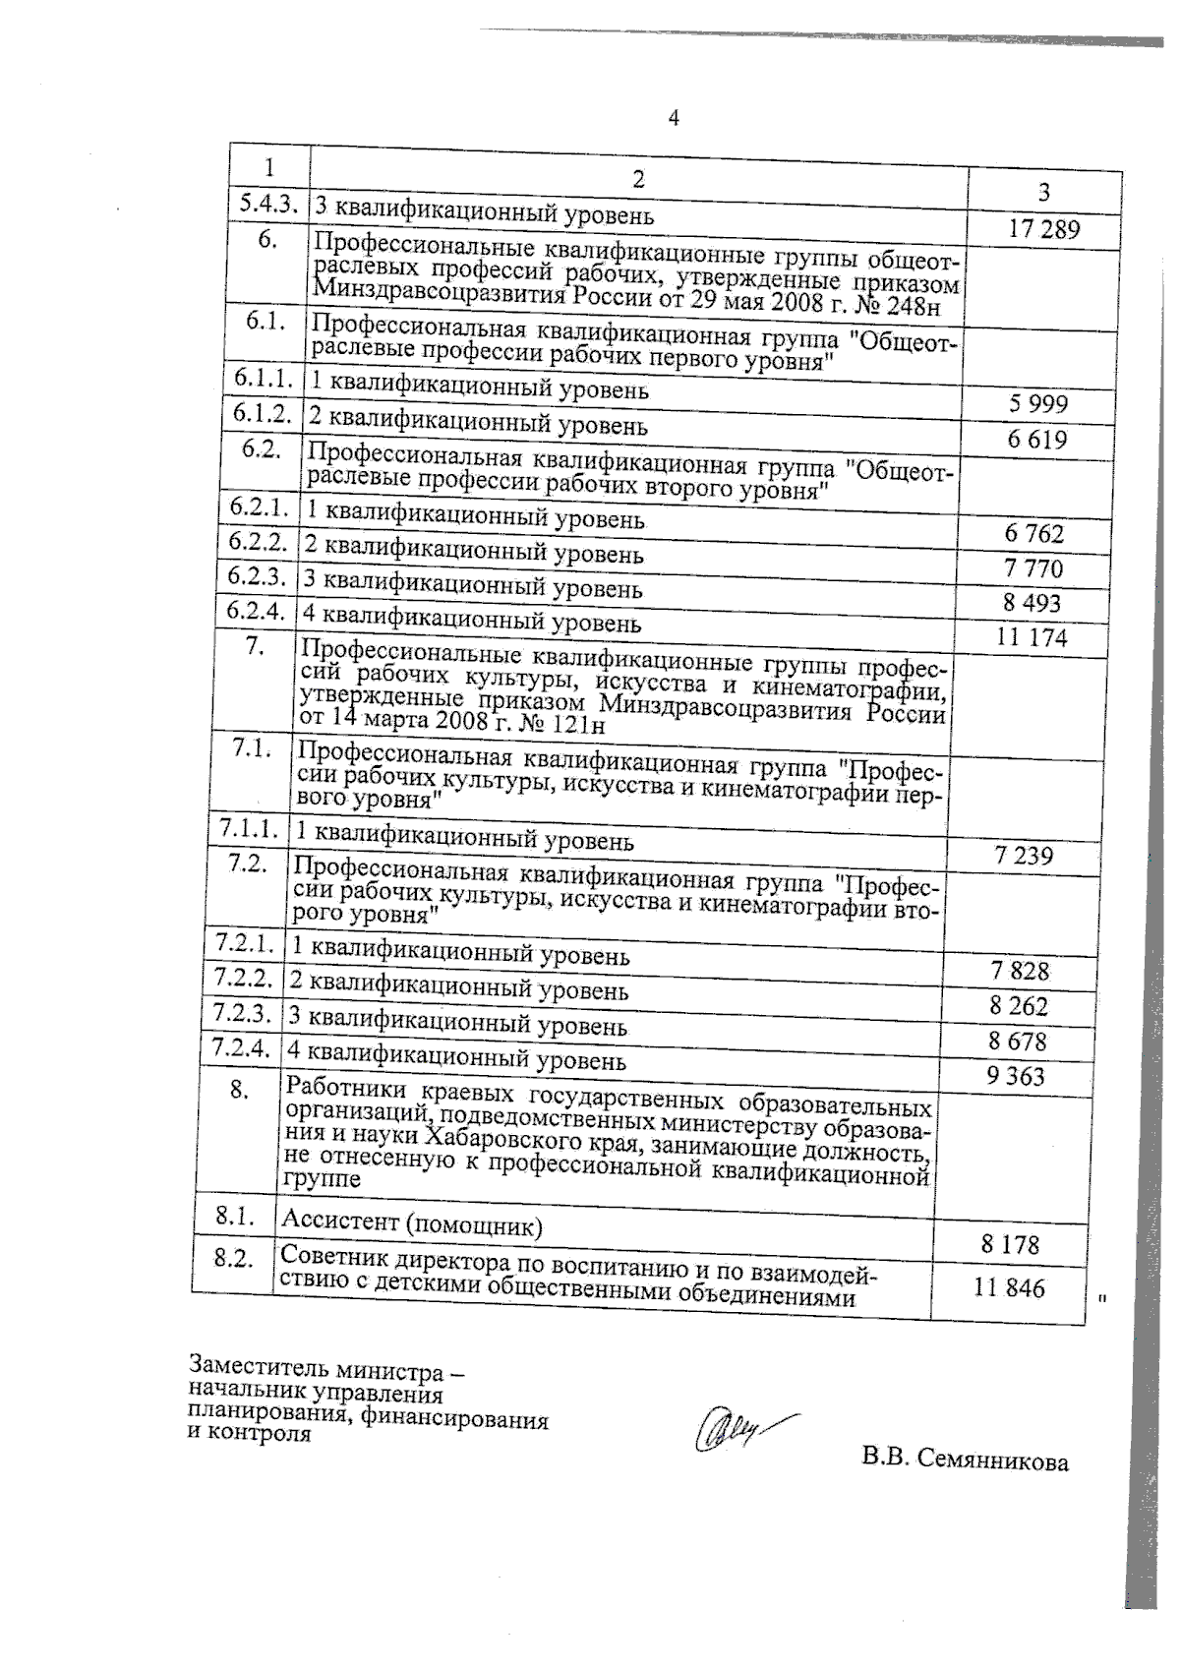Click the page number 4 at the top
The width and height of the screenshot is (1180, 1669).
pyautogui.click(x=674, y=119)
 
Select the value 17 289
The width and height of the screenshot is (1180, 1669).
pyautogui.click(x=1044, y=230)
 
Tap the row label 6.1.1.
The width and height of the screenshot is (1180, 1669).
pyautogui.click(x=264, y=379)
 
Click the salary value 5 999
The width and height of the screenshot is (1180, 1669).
pyautogui.click(x=1038, y=404)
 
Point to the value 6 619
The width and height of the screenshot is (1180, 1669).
pyautogui.click(x=1036, y=440)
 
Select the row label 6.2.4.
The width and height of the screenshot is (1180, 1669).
pyautogui.click(x=256, y=611)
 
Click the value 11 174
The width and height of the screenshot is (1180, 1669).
pyautogui.click(x=1032, y=638)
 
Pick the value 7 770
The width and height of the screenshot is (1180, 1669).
pyautogui.click(x=1033, y=568)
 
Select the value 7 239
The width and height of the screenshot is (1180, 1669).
pyautogui.click(x=1024, y=856)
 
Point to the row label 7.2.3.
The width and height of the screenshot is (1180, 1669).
pyautogui.click(x=242, y=1013)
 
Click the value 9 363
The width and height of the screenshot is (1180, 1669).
pyautogui.click(x=1016, y=1076)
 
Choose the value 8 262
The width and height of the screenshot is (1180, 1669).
pyautogui.click(x=1020, y=1006)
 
